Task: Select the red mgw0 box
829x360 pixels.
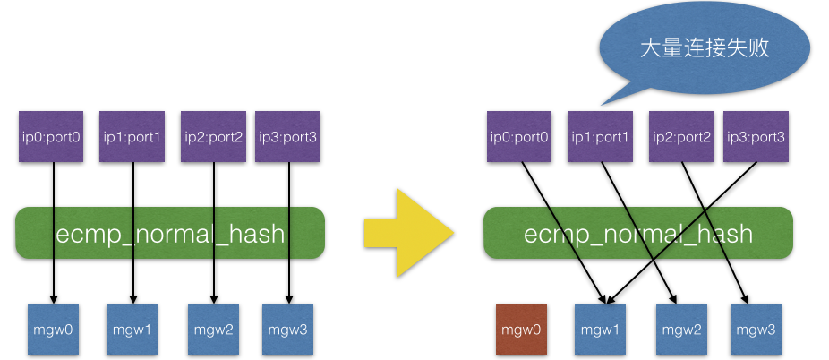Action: (x=523, y=330)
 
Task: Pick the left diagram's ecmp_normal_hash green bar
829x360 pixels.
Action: (x=170, y=234)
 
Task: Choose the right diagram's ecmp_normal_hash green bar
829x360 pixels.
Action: (x=637, y=234)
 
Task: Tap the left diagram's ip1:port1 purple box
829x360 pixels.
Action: (x=131, y=136)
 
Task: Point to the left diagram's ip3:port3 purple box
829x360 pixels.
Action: (x=287, y=136)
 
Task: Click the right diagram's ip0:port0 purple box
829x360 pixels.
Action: (x=519, y=137)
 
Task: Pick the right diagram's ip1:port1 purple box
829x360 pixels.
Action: (x=599, y=137)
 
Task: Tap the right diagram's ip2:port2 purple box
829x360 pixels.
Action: (x=681, y=137)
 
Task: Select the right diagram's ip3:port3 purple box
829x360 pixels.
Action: (x=756, y=137)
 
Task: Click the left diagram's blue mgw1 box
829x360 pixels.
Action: (x=132, y=330)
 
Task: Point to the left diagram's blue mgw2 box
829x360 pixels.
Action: (x=213, y=330)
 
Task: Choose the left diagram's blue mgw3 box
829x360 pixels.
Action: (x=288, y=330)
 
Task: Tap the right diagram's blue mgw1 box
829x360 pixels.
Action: (x=601, y=330)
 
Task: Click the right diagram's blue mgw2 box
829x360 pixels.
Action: (x=680, y=330)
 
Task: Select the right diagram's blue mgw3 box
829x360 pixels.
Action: (x=756, y=330)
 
